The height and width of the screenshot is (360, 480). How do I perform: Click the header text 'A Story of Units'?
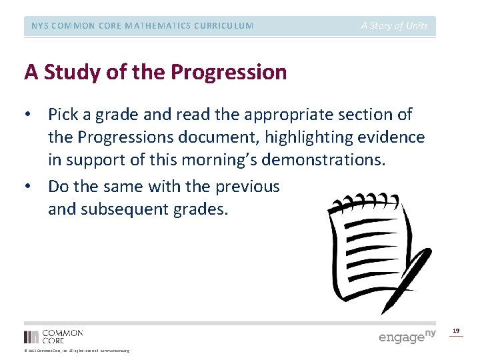point(395,26)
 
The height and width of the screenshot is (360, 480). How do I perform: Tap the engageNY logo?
point(407,336)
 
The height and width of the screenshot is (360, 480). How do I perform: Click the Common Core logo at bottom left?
point(53,336)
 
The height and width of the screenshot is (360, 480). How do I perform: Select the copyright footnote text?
point(77,351)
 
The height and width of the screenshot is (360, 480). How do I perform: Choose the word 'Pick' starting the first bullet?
point(62,115)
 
